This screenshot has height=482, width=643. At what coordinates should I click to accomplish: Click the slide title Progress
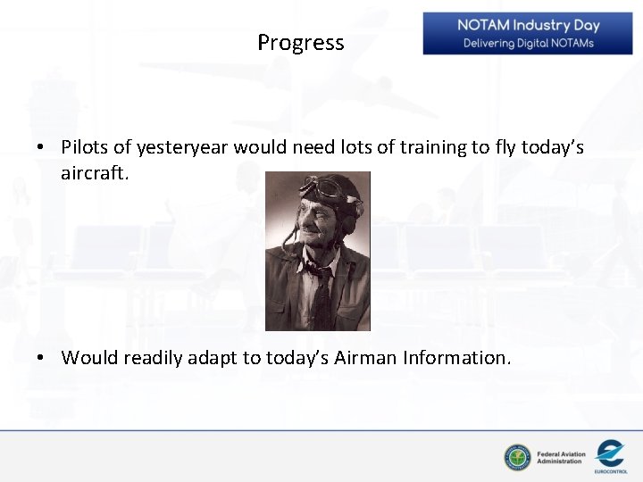pos(300,43)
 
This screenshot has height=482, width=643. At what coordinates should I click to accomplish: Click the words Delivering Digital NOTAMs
pos(528,44)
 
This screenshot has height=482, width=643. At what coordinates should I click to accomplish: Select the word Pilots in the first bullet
pos(85,147)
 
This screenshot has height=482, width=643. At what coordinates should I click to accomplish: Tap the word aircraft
pos(95,171)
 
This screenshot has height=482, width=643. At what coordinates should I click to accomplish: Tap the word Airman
pos(366,358)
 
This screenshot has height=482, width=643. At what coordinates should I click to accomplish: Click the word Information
pos(457,358)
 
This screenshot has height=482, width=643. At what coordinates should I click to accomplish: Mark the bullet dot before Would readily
pos(42,359)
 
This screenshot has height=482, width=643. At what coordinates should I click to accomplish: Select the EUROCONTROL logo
pos(611,455)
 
